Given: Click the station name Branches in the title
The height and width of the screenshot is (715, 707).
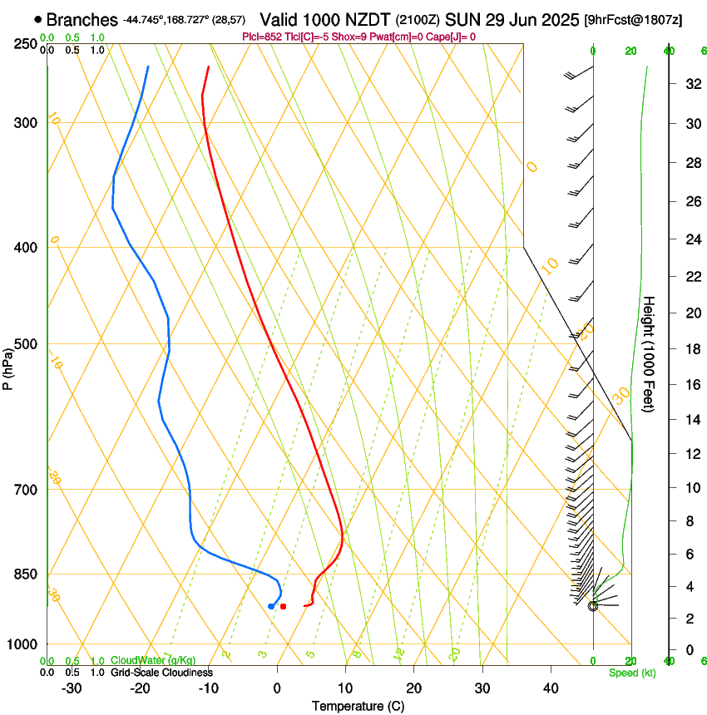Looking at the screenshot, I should tap(82, 19).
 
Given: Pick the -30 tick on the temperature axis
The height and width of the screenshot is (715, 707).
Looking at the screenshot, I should tap(72, 688).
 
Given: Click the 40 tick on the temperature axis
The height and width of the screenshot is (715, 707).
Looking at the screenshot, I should tap(551, 688).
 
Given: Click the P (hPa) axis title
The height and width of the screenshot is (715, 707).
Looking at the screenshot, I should tap(8, 366).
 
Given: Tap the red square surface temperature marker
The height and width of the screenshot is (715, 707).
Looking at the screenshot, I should tap(284, 606).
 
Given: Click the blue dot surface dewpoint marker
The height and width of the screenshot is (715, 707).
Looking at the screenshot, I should tap(271, 606).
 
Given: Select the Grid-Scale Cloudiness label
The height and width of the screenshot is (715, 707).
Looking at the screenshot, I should tap(161, 672).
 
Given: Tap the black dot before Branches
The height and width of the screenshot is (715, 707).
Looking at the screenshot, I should tap(38, 19).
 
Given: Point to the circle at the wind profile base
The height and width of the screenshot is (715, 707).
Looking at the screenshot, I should tap(593, 606).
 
